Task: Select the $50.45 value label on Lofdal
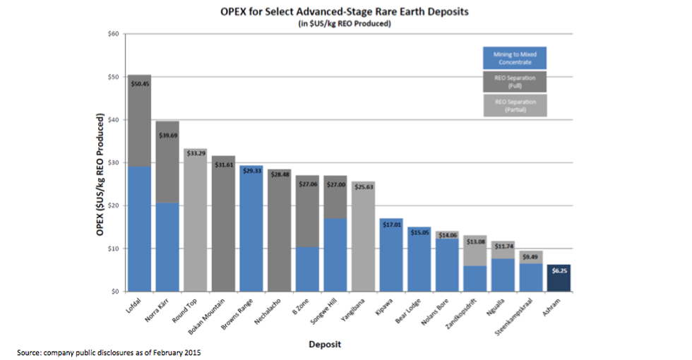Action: click(139, 83)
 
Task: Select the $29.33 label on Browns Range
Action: click(251, 171)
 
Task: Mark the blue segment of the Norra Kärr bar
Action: click(167, 247)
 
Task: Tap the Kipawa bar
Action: click(391, 258)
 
